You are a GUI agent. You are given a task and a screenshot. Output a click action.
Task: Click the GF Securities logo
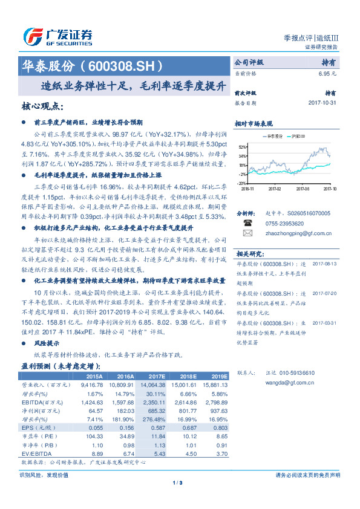pos(57,37)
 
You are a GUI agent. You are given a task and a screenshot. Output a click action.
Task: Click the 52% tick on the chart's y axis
pos(242,147)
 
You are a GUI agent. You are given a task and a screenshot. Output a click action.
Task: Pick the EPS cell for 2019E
pos(218,427)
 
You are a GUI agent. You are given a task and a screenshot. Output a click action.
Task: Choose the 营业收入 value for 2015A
pos(89,384)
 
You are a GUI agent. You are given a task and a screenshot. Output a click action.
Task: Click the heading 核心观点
pos(42,106)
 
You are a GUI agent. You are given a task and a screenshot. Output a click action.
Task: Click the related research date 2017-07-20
pos(326,293)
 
